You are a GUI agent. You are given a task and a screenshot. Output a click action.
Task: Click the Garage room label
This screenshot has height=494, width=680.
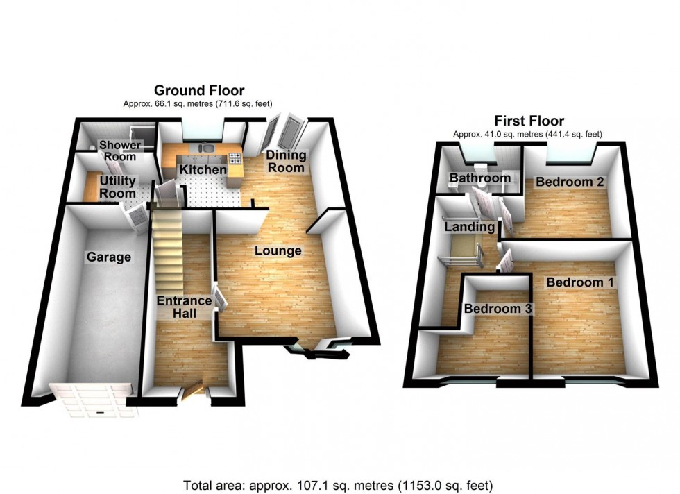108,257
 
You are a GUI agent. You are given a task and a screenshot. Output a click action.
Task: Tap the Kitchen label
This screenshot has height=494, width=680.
203,170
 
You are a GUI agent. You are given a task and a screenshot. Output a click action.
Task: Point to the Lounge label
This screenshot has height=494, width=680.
278,250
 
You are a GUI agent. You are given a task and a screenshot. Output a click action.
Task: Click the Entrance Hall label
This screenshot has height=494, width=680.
183,307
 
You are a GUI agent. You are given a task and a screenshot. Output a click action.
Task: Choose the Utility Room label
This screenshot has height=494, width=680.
117,187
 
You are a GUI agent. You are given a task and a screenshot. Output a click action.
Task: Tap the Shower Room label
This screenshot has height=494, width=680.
119,151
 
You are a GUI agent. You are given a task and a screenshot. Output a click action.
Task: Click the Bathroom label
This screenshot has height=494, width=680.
480,178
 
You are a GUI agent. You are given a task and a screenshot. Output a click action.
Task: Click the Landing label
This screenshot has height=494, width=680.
470,227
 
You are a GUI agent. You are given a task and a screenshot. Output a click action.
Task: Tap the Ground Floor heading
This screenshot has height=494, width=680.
199,90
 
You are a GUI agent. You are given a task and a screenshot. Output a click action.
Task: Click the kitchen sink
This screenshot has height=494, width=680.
206,147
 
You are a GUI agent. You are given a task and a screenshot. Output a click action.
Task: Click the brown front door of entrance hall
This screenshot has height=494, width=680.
194,392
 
